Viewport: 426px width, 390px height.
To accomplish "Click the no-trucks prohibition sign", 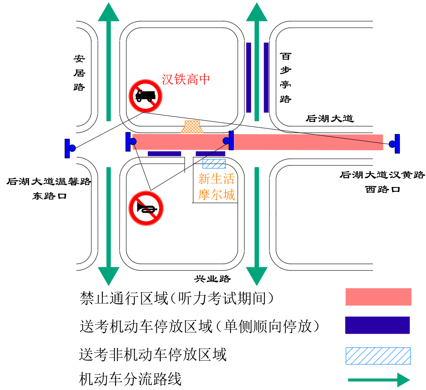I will coord(145,96).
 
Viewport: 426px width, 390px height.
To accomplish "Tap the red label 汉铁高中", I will coord(186,79).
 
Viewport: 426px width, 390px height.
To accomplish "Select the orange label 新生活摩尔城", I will coord(216,187).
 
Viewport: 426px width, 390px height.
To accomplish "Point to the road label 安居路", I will coord(79,73).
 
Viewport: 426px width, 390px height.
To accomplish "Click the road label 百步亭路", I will coord(286,77).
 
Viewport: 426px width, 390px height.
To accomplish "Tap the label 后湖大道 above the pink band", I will coord(330,119).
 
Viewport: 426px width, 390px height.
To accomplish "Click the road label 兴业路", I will coord(212,279).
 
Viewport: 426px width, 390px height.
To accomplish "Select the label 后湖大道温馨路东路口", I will coord(49,188).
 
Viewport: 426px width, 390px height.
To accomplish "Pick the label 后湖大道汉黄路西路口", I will coord(382,182).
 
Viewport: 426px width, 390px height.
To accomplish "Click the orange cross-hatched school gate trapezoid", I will coord(193,127).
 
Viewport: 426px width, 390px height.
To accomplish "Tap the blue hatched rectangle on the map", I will coord(214,164).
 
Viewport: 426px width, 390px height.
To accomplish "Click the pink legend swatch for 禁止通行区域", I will coord(378,297).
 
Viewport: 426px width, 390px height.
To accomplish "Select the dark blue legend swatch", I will coord(378,325).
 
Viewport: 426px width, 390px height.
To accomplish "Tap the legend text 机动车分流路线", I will coord(131,378).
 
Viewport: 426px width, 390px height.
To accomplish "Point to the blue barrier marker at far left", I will coord(69,148).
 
